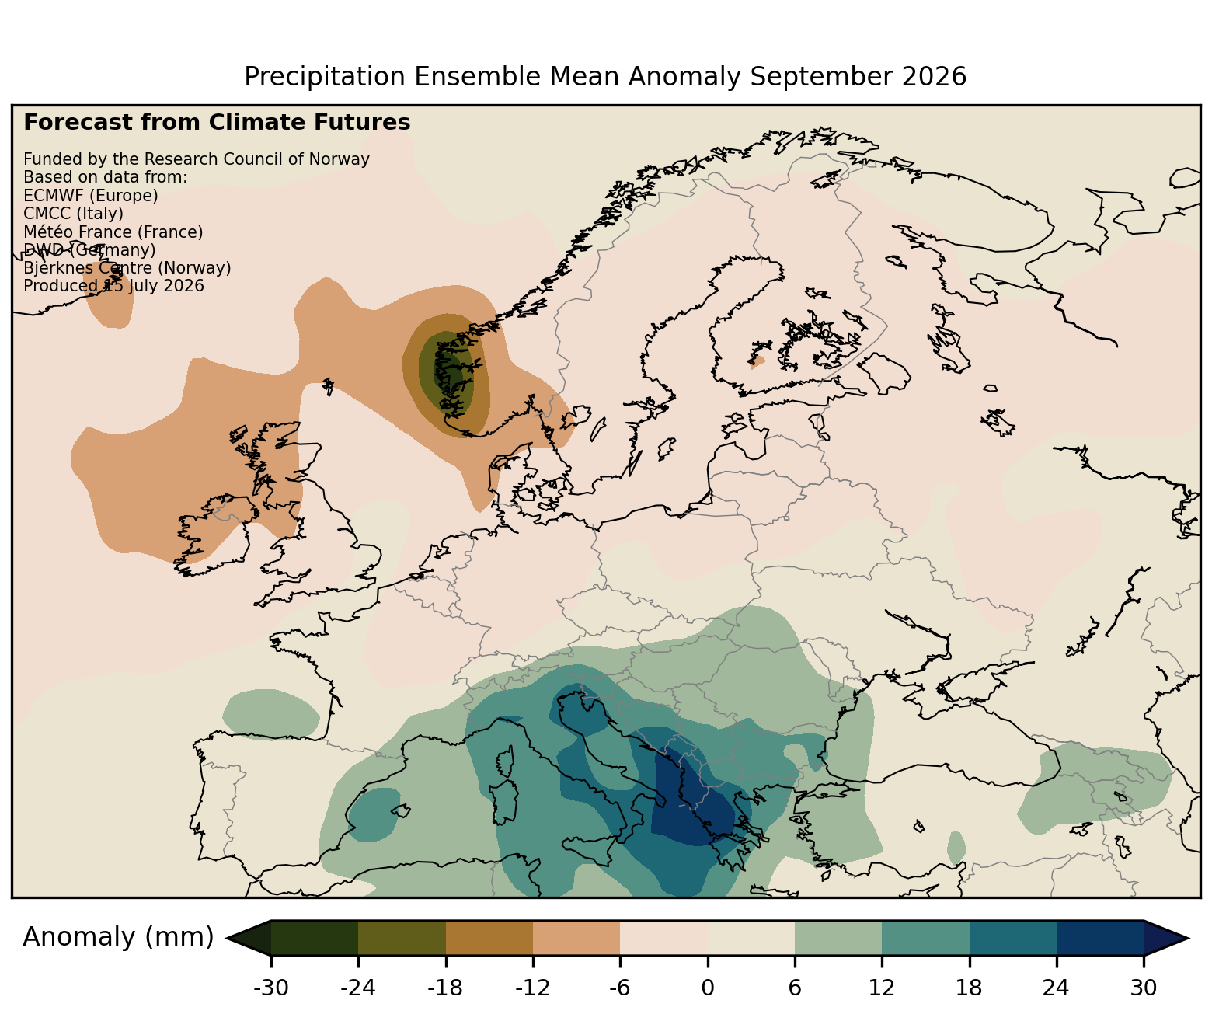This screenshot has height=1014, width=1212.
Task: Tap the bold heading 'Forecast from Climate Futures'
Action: pos(217,123)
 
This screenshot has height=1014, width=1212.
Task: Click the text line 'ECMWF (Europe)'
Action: pos(91,196)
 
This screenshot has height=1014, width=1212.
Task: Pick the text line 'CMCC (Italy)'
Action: pos(73,214)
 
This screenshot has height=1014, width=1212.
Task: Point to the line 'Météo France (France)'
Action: pos(113,232)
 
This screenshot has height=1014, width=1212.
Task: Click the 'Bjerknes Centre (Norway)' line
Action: pos(127,268)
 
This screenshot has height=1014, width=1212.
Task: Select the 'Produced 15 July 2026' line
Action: pos(113,286)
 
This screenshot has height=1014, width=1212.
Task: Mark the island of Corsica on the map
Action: pos(507,761)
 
